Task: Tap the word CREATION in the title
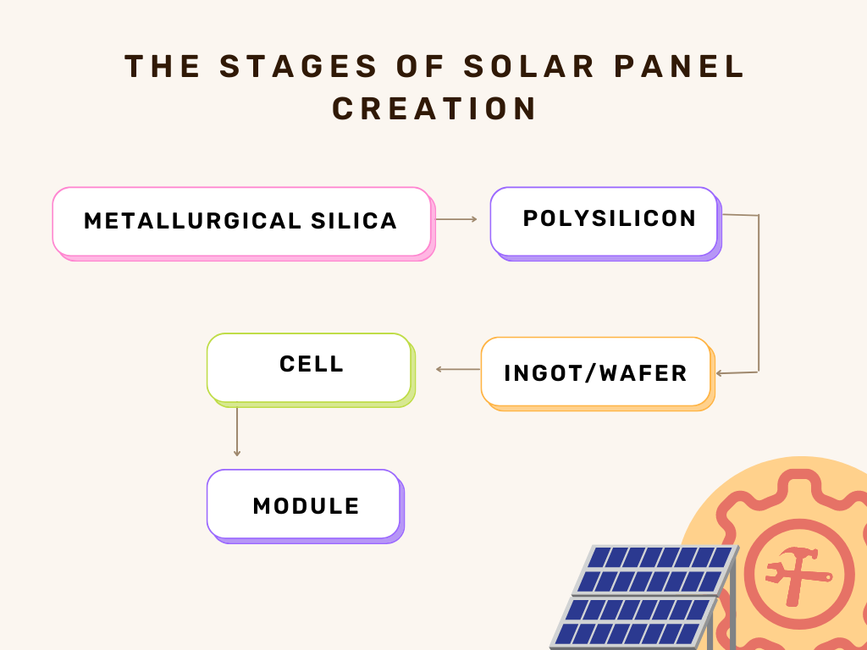(434, 108)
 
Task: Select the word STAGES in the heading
(299, 66)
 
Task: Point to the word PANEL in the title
(679, 66)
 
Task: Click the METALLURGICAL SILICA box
(244, 223)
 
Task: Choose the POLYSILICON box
(606, 223)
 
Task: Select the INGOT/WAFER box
(598, 374)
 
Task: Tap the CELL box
(311, 371)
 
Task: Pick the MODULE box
(306, 506)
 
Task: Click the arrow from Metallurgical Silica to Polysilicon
(456, 219)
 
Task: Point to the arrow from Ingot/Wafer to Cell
(458, 369)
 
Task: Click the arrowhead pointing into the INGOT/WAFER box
(718, 373)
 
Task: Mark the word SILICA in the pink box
(354, 221)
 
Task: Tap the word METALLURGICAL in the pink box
(192, 221)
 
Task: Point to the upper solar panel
(656, 570)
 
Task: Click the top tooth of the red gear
(799, 481)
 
